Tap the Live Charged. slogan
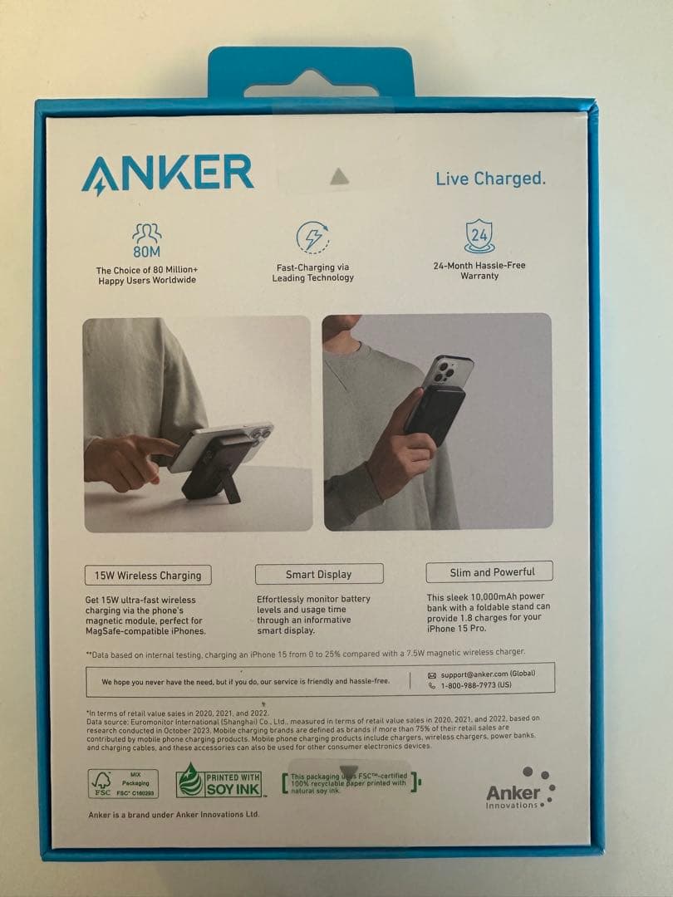[x=490, y=179]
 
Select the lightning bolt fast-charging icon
[x=312, y=238]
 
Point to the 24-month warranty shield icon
[x=479, y=236]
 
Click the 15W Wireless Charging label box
[x=148, y=575]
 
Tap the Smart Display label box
[x=319, y=574]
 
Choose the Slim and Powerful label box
[x=489, y=572]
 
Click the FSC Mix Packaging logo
[x=123, y=783]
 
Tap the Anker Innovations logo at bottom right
[x=520, y=789]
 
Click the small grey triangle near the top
[x=338, y=176]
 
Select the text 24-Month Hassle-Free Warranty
[x=479, y=271]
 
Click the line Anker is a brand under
[x=174, y=815]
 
